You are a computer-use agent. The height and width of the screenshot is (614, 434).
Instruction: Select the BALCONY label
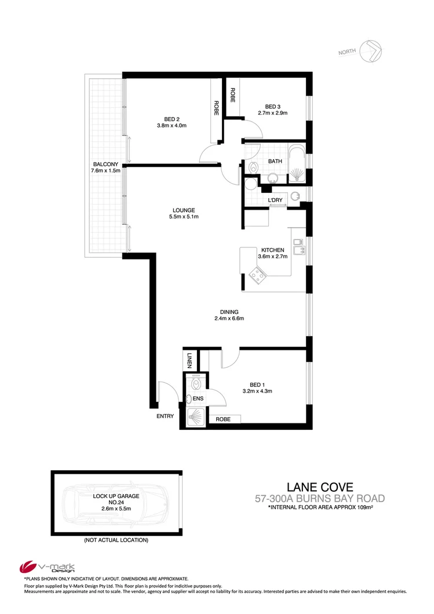[104, 164]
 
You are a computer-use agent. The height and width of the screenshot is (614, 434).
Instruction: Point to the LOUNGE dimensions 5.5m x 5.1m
[183, 218]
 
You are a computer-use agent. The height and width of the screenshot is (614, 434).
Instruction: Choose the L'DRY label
[275, 200]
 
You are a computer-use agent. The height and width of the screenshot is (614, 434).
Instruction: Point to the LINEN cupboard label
[189, 360]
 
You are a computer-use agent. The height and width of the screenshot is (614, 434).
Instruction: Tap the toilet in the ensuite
[195, 382]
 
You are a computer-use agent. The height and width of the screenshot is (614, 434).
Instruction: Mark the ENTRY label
[165, 416]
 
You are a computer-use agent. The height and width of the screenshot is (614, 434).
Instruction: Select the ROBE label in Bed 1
[223, 419]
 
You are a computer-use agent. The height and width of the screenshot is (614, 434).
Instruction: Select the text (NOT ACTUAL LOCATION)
[116, 540]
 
